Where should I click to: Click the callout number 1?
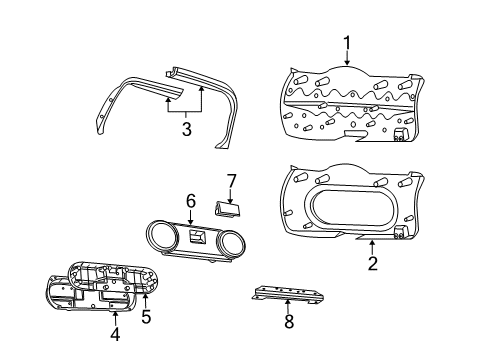point(347,43)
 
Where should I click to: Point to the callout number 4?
point(114,335)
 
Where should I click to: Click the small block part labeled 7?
point(227,207)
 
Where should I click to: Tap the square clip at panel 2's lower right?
point(402,231)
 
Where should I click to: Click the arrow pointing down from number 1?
point(347,61)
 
